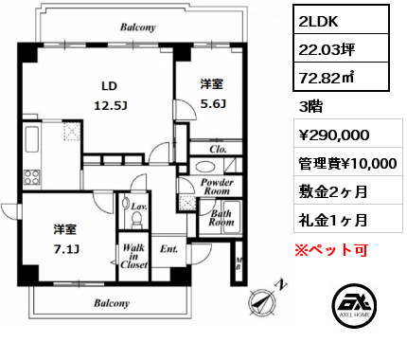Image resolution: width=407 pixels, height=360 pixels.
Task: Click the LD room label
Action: pyautogui.click(x=109, y=86)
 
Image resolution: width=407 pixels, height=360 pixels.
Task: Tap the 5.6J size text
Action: pyautogui.click(x=213, y=103)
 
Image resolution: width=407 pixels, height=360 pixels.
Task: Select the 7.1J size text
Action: pyautogui.click(x=66, y=249)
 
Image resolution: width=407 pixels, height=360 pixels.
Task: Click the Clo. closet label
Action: pyautogui.click(x=218, y=149)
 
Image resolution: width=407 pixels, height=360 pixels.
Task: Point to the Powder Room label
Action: pyautogui.click(x=217, y=187)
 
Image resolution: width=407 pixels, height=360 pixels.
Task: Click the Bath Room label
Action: pyautogui.click(x=221, y=218)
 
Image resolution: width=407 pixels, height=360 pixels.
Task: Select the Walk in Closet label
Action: pyautogui.click(x=133, y=256)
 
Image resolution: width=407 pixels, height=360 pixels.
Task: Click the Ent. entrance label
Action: pyautogui.click(x=168, y=249)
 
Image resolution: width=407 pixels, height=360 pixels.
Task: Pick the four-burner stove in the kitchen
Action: pyautogui.click(x=32, y=177)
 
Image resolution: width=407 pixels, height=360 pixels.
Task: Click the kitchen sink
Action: pyautogui.click(x=32, y=139)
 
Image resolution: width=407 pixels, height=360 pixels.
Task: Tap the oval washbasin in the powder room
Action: pyautogui.click(x=205, y=167)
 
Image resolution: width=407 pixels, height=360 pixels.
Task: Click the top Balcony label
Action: pyautogui.click(x=138, y=27)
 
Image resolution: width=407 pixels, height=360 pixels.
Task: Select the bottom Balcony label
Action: pyautogui.click(x=112, y=303)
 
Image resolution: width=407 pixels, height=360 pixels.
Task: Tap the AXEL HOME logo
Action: pyautogui.click(x=354, y=305)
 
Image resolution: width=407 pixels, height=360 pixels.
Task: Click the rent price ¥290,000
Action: pyautogui.click(x=334, y=135)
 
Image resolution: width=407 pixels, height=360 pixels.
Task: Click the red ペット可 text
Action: pyautogui.click(x=331, y=250)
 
